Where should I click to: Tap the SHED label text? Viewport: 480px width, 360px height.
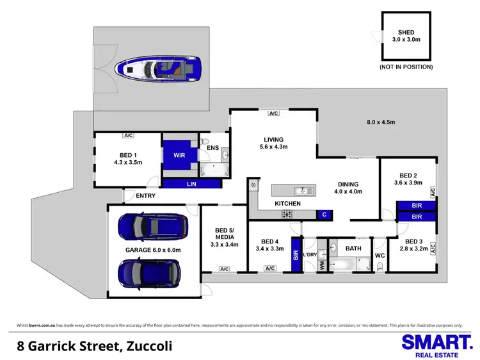[x=406, y=32]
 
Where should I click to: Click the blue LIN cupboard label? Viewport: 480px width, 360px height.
[x=192, y=184]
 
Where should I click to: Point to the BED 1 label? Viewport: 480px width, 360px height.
[x=126, y=154]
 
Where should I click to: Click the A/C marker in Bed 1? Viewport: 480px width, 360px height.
[x=128, y=135]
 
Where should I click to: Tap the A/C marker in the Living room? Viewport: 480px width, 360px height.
[x=274, y=113]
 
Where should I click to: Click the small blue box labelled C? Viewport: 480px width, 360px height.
[x=324, y=215]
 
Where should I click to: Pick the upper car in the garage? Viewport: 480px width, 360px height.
[x=152, y=225]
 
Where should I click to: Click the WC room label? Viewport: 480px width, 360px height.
[x=379, y=256]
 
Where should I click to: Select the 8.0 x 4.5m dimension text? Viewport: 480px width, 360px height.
[x=381, y=122]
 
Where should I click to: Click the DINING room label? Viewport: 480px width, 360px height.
[x=349, y=184]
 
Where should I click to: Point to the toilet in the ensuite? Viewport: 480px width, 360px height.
[x=204, y=142]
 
